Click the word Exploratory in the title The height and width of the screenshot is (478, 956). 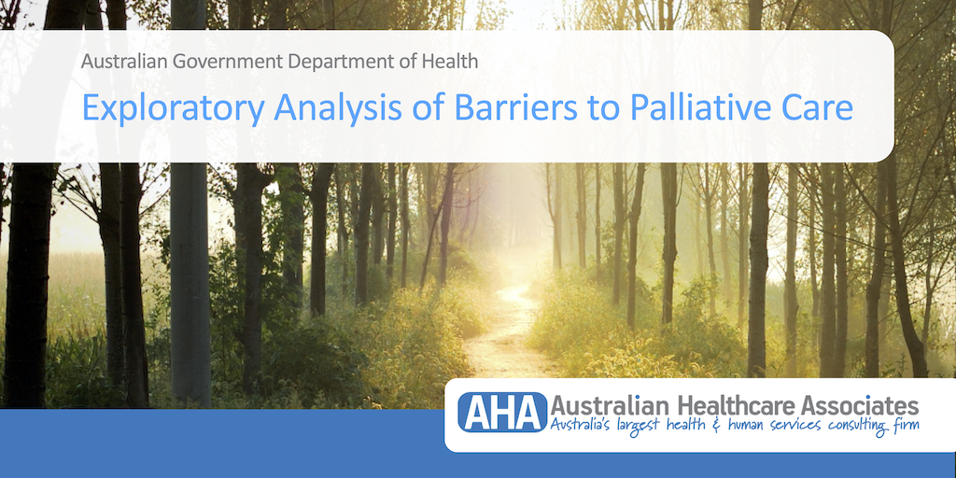(x=173, y=108)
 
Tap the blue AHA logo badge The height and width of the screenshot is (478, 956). (x=502, y=412)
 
